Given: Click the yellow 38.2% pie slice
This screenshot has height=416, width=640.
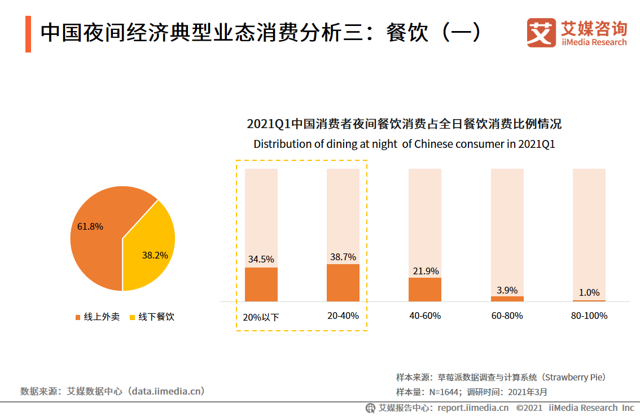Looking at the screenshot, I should click(150, 248).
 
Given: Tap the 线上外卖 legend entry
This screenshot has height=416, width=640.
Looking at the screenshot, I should click(98, 317).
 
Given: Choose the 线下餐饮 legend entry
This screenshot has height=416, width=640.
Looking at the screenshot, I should click(152, 317).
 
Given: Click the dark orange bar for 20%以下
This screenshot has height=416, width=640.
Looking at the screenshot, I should click(261, 284).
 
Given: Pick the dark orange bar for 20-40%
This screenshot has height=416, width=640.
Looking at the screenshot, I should click(343, 282).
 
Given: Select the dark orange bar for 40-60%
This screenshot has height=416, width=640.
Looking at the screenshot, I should click(425, 289).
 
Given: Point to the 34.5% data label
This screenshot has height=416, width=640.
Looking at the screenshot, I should click(261, 260).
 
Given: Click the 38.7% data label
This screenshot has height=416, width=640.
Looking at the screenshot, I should click(343, 257).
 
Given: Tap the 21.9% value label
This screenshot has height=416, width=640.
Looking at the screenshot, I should click(425, 271).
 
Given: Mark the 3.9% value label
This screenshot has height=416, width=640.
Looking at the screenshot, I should click(507, 290).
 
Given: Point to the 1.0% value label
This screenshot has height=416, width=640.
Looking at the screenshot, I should click(589, 292).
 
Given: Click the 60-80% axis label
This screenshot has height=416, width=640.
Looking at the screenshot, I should click(507, 316).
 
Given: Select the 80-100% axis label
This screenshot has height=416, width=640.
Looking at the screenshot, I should click(589, 316).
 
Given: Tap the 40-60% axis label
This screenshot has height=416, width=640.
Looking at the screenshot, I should click(425, 316).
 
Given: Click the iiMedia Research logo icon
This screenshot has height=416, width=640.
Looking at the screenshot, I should click(541, 33).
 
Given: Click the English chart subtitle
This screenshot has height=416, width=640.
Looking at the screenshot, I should click(404, 144).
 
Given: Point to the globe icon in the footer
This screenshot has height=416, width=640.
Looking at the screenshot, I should click(371, 408).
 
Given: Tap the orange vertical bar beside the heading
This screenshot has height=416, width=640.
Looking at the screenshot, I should click(28, 34).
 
